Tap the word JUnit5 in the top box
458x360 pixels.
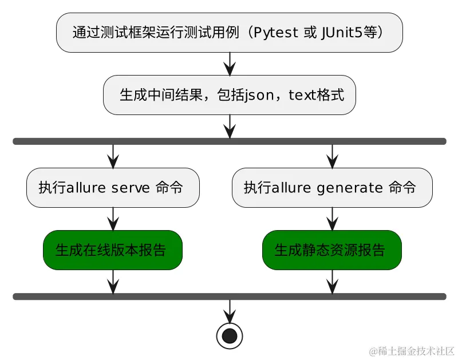[x=342, y=33]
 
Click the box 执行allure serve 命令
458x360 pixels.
[x=113, y=187]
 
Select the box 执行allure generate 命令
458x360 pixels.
[x=331, y=187]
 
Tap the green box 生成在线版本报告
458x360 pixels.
[x=113, y=250]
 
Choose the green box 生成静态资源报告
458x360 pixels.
[x=331, y=250]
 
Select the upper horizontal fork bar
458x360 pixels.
[x=229, y=141]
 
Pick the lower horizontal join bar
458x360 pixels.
[x=229, y=296]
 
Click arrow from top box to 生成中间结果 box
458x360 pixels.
[x=230, y=64]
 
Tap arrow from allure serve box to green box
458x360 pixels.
[x=113, y=219]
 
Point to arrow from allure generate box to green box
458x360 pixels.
[x=331, y=219]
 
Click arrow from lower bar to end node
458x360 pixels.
[x=230, y=311]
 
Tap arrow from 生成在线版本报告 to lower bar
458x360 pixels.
[x=113, y=281]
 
